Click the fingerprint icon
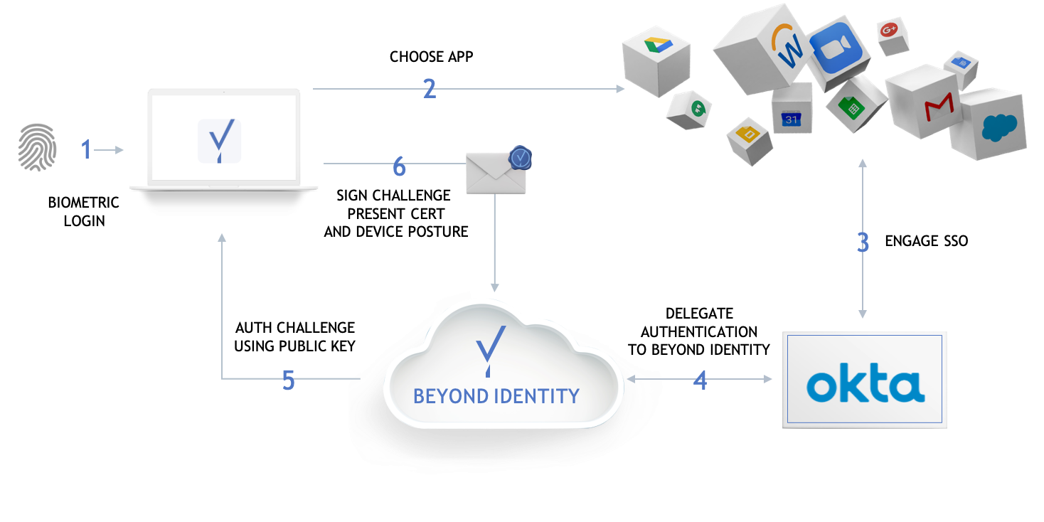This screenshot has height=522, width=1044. [36, 148]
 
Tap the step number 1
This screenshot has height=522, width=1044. [87, 149]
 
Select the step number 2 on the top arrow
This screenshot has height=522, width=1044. [429, 89]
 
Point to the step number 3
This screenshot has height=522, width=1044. [863, 243]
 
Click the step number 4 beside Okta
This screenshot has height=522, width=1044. [701, 380]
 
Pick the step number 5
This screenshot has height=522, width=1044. [288, 380]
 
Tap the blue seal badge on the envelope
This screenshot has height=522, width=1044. [521, 158]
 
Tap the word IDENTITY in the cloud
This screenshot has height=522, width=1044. [538, 396]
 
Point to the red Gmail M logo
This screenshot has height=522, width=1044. [939, 108]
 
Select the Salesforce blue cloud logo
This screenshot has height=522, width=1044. [1000, 128]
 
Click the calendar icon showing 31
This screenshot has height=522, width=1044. [792, 119]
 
